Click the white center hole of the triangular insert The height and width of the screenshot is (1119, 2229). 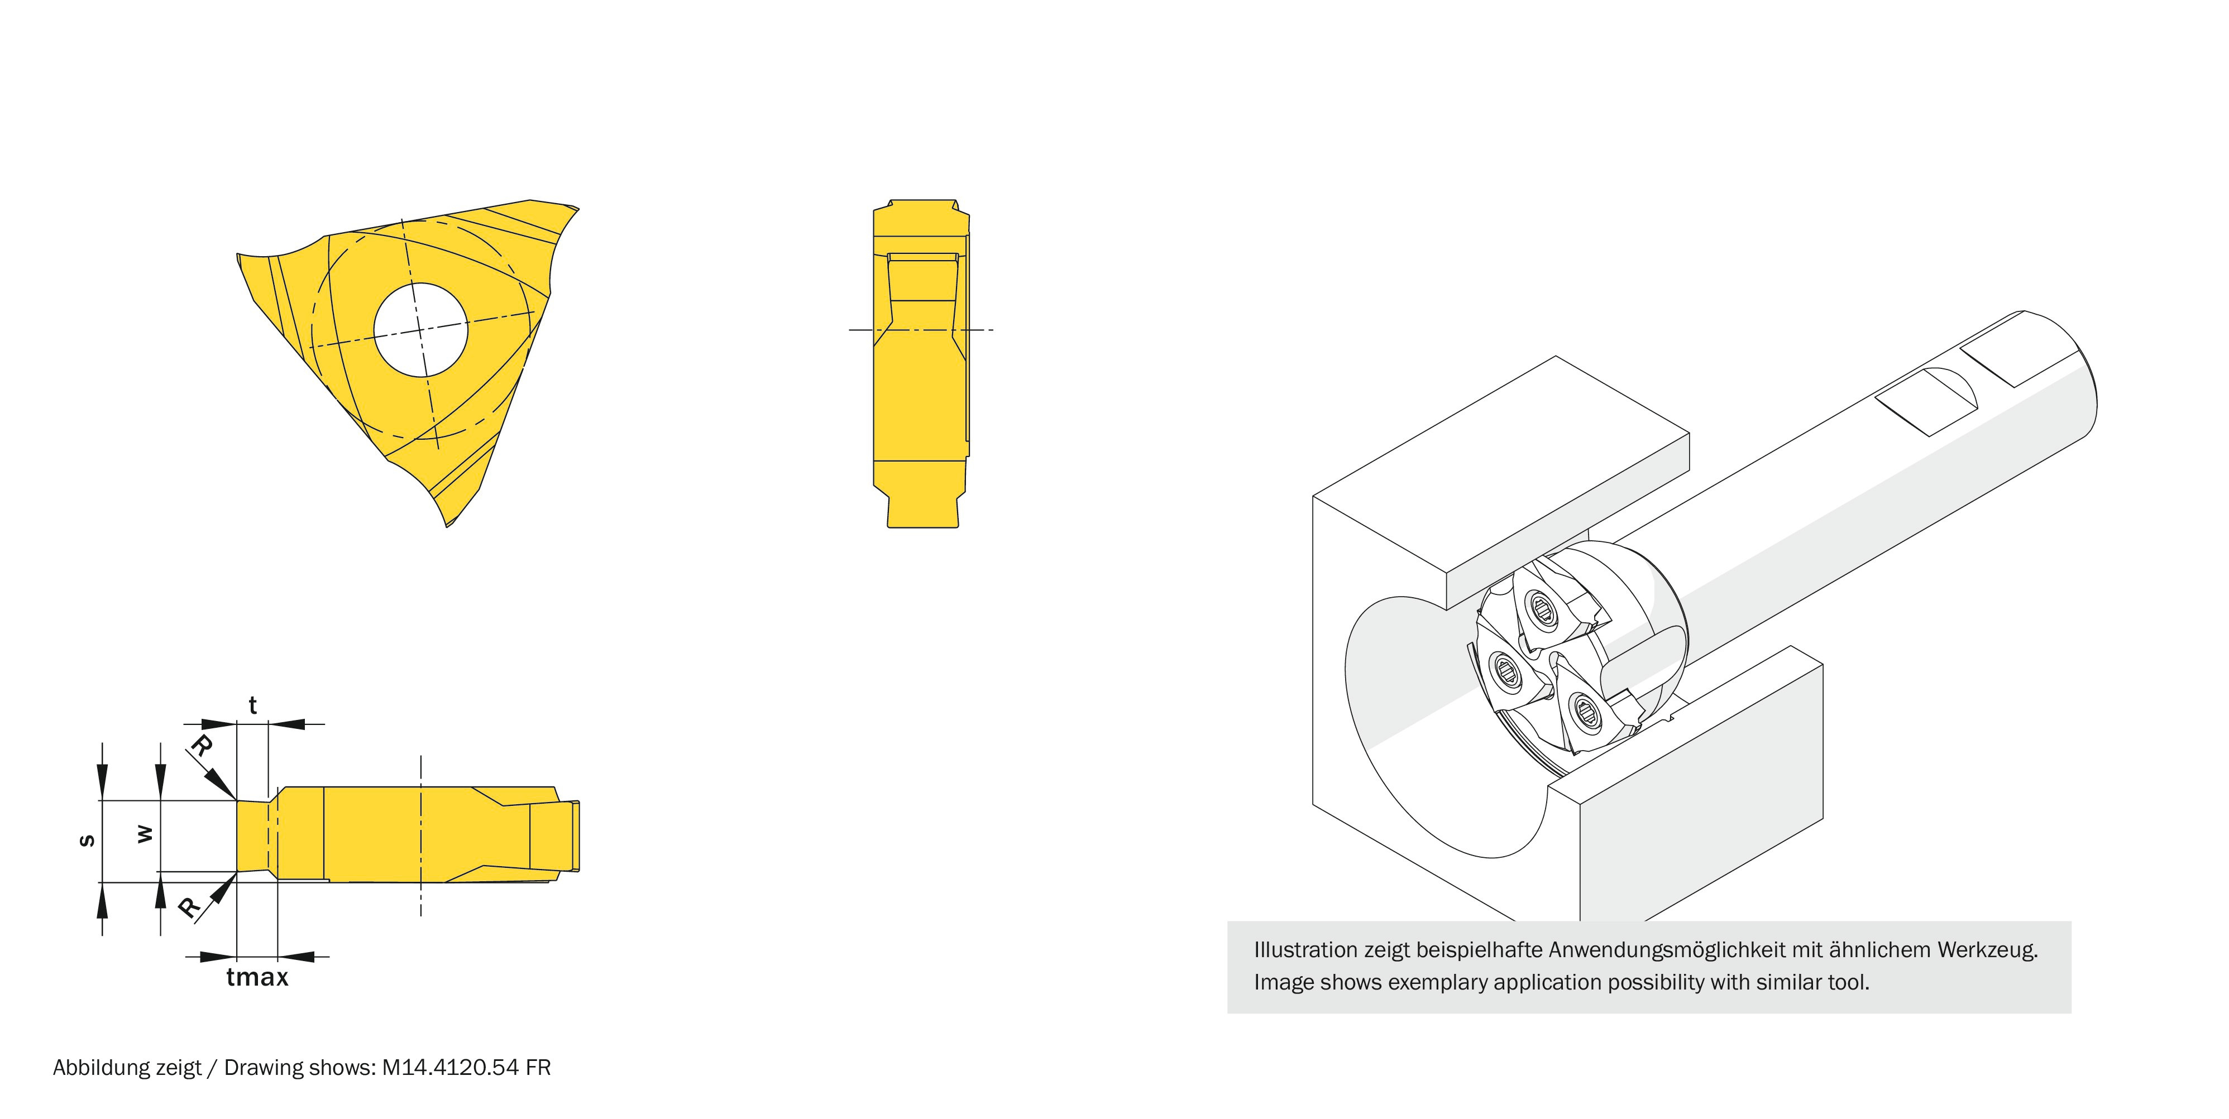click(420, 329)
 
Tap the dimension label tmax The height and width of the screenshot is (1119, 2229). click(257, 978)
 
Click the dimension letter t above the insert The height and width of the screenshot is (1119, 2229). click(253, 705)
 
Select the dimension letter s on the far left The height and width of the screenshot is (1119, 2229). click(87, 840)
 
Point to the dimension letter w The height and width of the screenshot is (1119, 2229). click(145, 834)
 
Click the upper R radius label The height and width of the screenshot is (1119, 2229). click(201, 746)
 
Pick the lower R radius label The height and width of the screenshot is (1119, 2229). click(189, 907)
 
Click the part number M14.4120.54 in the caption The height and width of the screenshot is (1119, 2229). click(450, 1068)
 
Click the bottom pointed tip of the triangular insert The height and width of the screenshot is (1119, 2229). click(447, 525)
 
